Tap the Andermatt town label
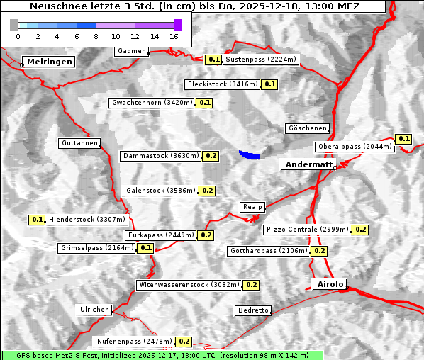click(x=308, y=164)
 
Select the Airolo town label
click(x=330, y=284)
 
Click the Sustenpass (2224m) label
click(x=261, y=60)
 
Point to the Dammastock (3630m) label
click(x=160, y=155)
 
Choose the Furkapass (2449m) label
click(x=160, y=235)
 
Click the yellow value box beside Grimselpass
click(x=145, y=248)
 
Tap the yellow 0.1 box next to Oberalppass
click(x=403, y=138)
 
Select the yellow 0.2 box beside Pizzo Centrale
click(x=360, y=230)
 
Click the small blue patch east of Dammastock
click(x=250, y=154)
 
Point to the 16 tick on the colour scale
click(x=174, y=35)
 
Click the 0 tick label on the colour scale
click(x=18, y=35)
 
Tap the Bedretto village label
click(x=253, y=310)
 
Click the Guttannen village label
click(x=79, y=143)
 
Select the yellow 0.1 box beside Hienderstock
click(x=37, y=220)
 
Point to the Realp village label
click(x=252, y=207)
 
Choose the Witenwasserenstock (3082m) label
click(x=189, y=285)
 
